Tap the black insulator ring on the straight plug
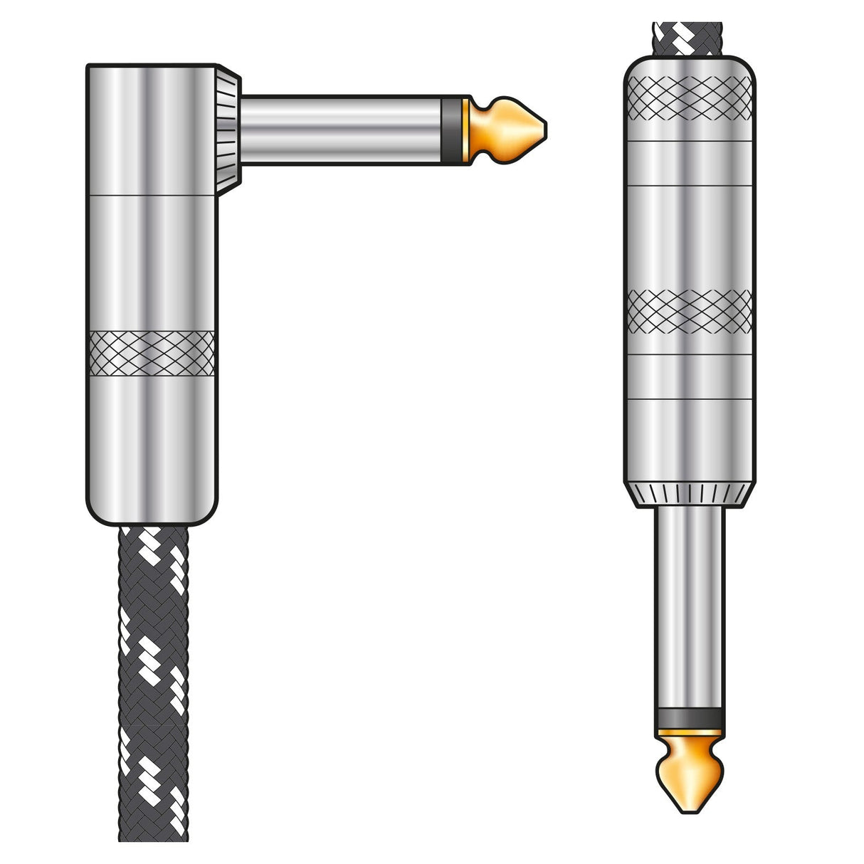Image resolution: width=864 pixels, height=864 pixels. point(689,717)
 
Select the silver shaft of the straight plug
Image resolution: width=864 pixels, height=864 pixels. point(689,605)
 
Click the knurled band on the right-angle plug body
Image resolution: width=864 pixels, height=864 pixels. point(152,353)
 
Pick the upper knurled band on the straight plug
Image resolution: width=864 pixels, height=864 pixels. point(689,97)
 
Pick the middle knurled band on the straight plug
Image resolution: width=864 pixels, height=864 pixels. point(689,312)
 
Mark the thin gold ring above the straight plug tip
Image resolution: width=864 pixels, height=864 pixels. point(689,731)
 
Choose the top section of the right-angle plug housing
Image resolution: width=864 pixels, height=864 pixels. point(152,128)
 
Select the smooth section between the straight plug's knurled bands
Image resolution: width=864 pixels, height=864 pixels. point(689,235)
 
